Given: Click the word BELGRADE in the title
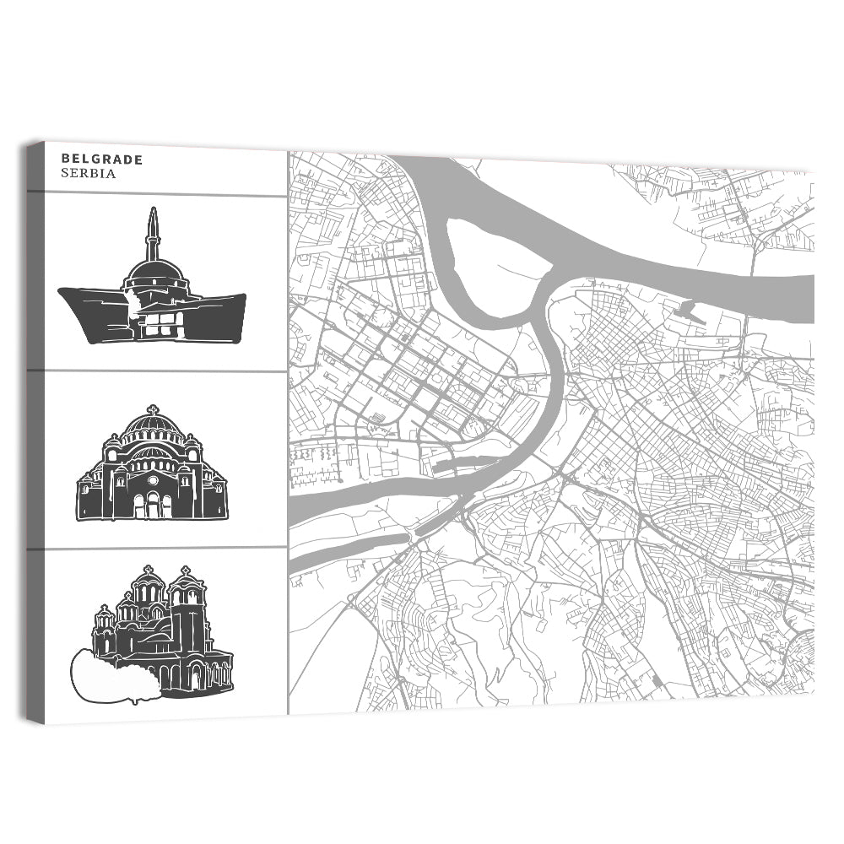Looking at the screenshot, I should point(102,159).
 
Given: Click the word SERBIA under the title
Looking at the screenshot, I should point(88,174).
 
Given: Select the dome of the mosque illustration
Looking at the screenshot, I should point(154,272).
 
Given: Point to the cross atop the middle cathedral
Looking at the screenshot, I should point(153,409).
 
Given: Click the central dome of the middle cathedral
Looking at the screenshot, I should point(153,426).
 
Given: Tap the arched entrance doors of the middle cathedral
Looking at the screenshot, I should point(153,505).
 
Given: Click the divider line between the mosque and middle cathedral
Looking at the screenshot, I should point(157,371).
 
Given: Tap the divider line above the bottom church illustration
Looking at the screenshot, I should point(157,549).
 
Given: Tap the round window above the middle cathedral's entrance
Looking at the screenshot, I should point(153,480).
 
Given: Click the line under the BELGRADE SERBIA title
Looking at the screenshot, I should point(157,193).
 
